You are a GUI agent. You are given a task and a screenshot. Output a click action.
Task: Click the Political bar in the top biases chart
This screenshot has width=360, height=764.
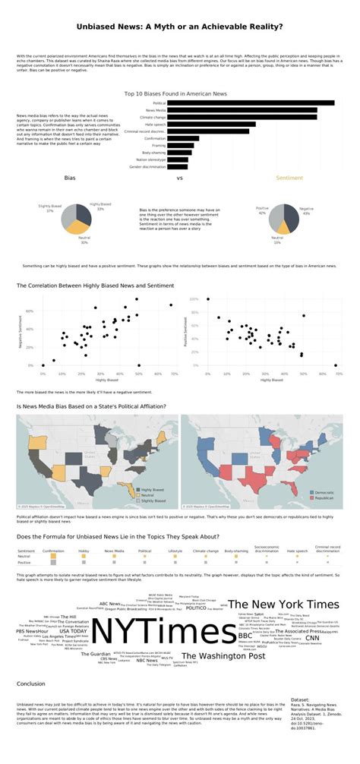pos(251,103)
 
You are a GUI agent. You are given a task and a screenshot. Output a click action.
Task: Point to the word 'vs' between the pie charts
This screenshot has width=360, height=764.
pos(180,178)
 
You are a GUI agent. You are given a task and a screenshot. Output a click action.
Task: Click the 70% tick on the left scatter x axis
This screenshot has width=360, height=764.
pos(174,373)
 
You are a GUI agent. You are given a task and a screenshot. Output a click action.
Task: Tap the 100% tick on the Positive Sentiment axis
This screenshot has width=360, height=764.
pos(193,299)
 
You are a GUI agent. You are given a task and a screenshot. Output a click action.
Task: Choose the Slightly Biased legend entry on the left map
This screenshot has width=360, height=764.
pos(151,501)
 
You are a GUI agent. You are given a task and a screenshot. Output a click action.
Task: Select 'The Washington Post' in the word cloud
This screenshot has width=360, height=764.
pos(223,655)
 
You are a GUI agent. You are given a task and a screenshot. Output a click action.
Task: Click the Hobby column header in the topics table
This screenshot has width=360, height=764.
pos(84,550)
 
